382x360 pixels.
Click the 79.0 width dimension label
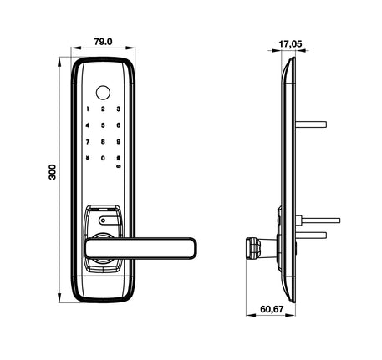[102, 40]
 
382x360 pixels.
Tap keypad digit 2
[103, 109]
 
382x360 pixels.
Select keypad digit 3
[119, 109]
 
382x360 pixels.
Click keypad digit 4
[87, 125]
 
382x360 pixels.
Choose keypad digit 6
[119, 125]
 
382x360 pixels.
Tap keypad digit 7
[87, 141]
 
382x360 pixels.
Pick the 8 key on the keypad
[103, 141]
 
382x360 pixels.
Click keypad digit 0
[103, 157]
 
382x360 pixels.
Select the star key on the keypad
[87, 157]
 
